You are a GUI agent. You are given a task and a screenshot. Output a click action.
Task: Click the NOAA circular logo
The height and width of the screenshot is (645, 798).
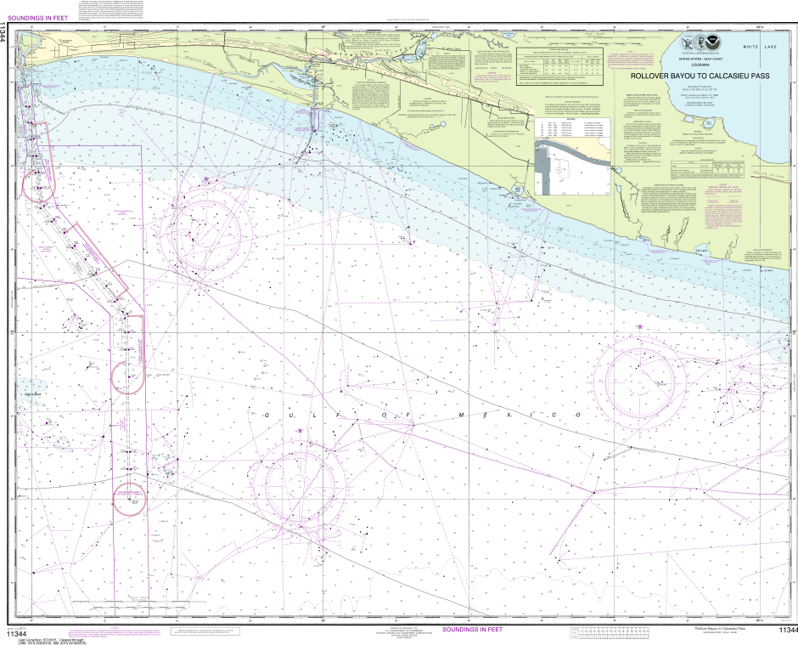(709, 46)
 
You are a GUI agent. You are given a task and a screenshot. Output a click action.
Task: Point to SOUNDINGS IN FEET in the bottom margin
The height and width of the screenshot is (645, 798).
(471, 630)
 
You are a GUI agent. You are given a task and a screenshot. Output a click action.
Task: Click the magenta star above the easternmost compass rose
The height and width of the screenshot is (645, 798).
(639, 326)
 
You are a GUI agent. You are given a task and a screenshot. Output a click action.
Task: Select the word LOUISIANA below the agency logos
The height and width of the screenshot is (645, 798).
(701, 65)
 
